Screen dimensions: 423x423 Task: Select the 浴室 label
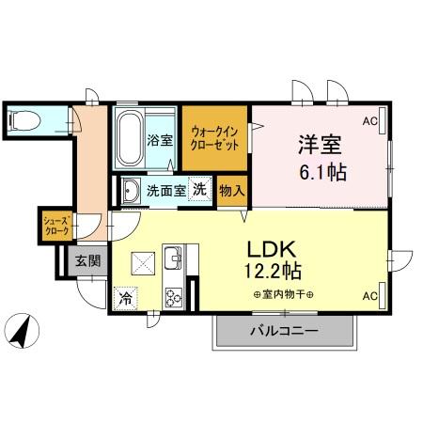pyautogui.click(x=159, y=142)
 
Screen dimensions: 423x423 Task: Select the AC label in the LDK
pyautogui.click(x=370, y=295)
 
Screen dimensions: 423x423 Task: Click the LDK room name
pyautogui.click(x=273, y=249)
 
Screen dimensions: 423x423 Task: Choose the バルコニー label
pyautogui.click(x=283, y=331)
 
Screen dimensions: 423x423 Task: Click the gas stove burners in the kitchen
pyautogui.click(x=174, y=299)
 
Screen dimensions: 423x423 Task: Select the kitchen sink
pyautogui.click(x=173, y=258)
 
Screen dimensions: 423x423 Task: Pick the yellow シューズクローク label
pyautogui.click(x=54, y=226)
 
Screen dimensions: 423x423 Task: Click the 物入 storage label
pyautogui.click(x=231, y=191)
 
